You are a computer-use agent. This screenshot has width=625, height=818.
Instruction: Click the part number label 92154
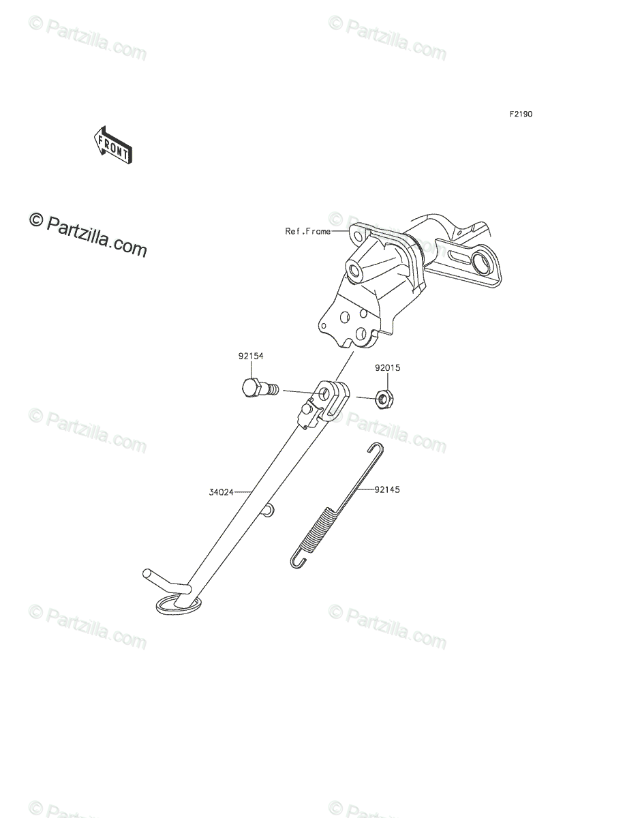pyautogui.click(x=251, y=357)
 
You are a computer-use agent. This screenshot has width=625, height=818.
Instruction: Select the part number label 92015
pyautogui.click(x=387, y=368)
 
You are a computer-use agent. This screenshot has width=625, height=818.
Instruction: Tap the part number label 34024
pyautogui.click(x=222, y=491)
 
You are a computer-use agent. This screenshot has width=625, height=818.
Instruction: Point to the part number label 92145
pyautogui.click(x=386, y=489)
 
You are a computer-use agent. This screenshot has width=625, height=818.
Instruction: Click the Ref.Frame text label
pyautogui.click(x=307, y=232)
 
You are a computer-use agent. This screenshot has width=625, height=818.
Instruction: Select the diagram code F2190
pyautogui.click(x=520, y=115)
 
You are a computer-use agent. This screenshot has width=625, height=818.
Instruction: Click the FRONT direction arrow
pyautogui.click(x=112, y=145)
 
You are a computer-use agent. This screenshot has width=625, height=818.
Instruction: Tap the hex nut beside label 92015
pyautogui.click(x=384, y=397)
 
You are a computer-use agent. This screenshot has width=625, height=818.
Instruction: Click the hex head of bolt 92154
pyautogui.click(x=251, y=389)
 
